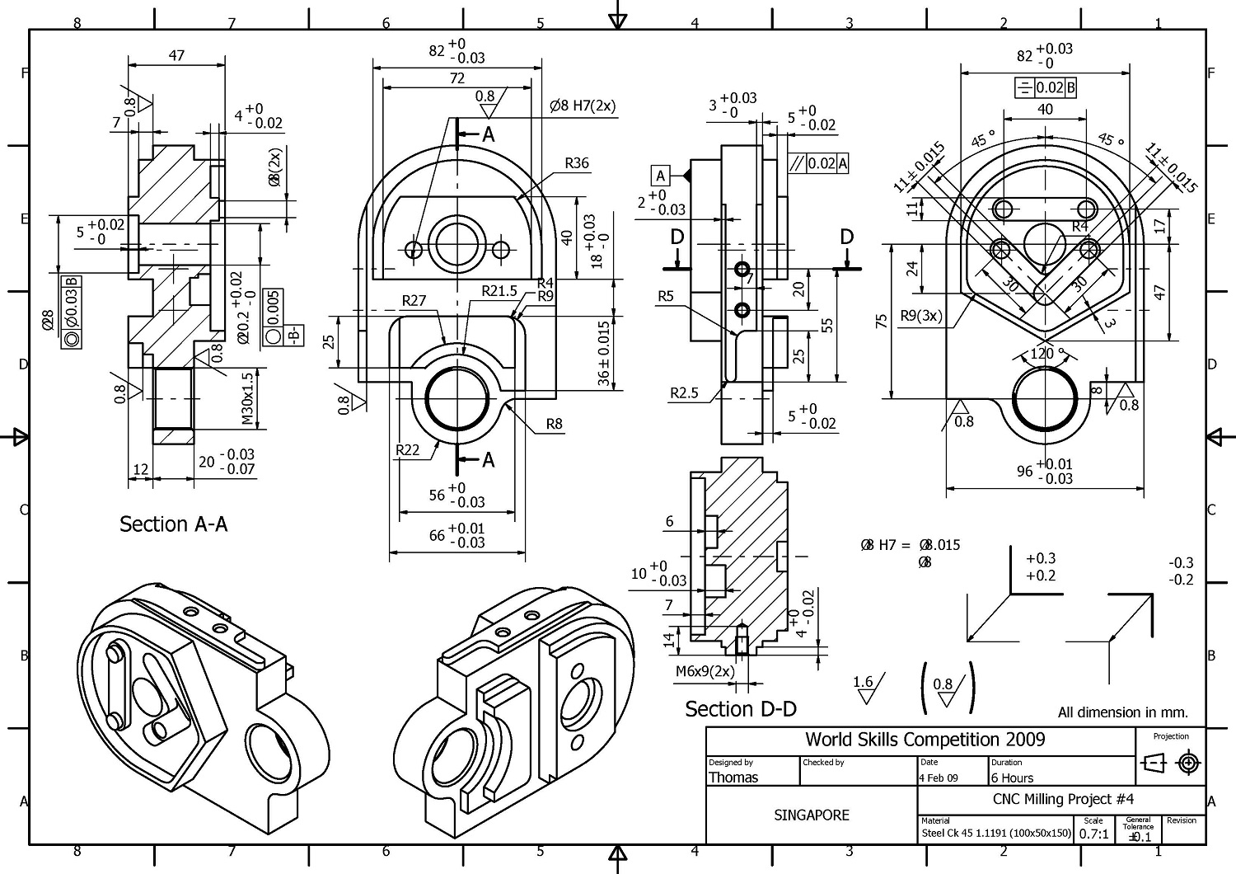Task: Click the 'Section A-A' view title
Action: coord(173,524)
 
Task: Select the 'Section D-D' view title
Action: coord(740,709)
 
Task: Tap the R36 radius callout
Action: coord(577,163)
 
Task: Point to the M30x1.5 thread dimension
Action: coord(247,399)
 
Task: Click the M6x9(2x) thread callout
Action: coord(705,671)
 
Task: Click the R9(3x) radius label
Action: coord(920,315)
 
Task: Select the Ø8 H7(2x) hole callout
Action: coord(583,106)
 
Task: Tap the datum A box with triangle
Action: coord(659,176)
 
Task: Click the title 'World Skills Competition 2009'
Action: coord(925,740)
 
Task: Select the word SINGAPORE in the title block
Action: coord(811,815)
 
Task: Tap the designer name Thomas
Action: coord(733,778)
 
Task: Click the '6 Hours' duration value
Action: coord(1012,778)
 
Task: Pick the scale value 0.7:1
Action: coord(1093,834)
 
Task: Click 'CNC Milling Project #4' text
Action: coord(1063,798)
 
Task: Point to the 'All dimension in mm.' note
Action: coord(1122,712)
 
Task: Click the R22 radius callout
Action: coord(407,449)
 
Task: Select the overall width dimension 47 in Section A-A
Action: coord(176,55)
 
